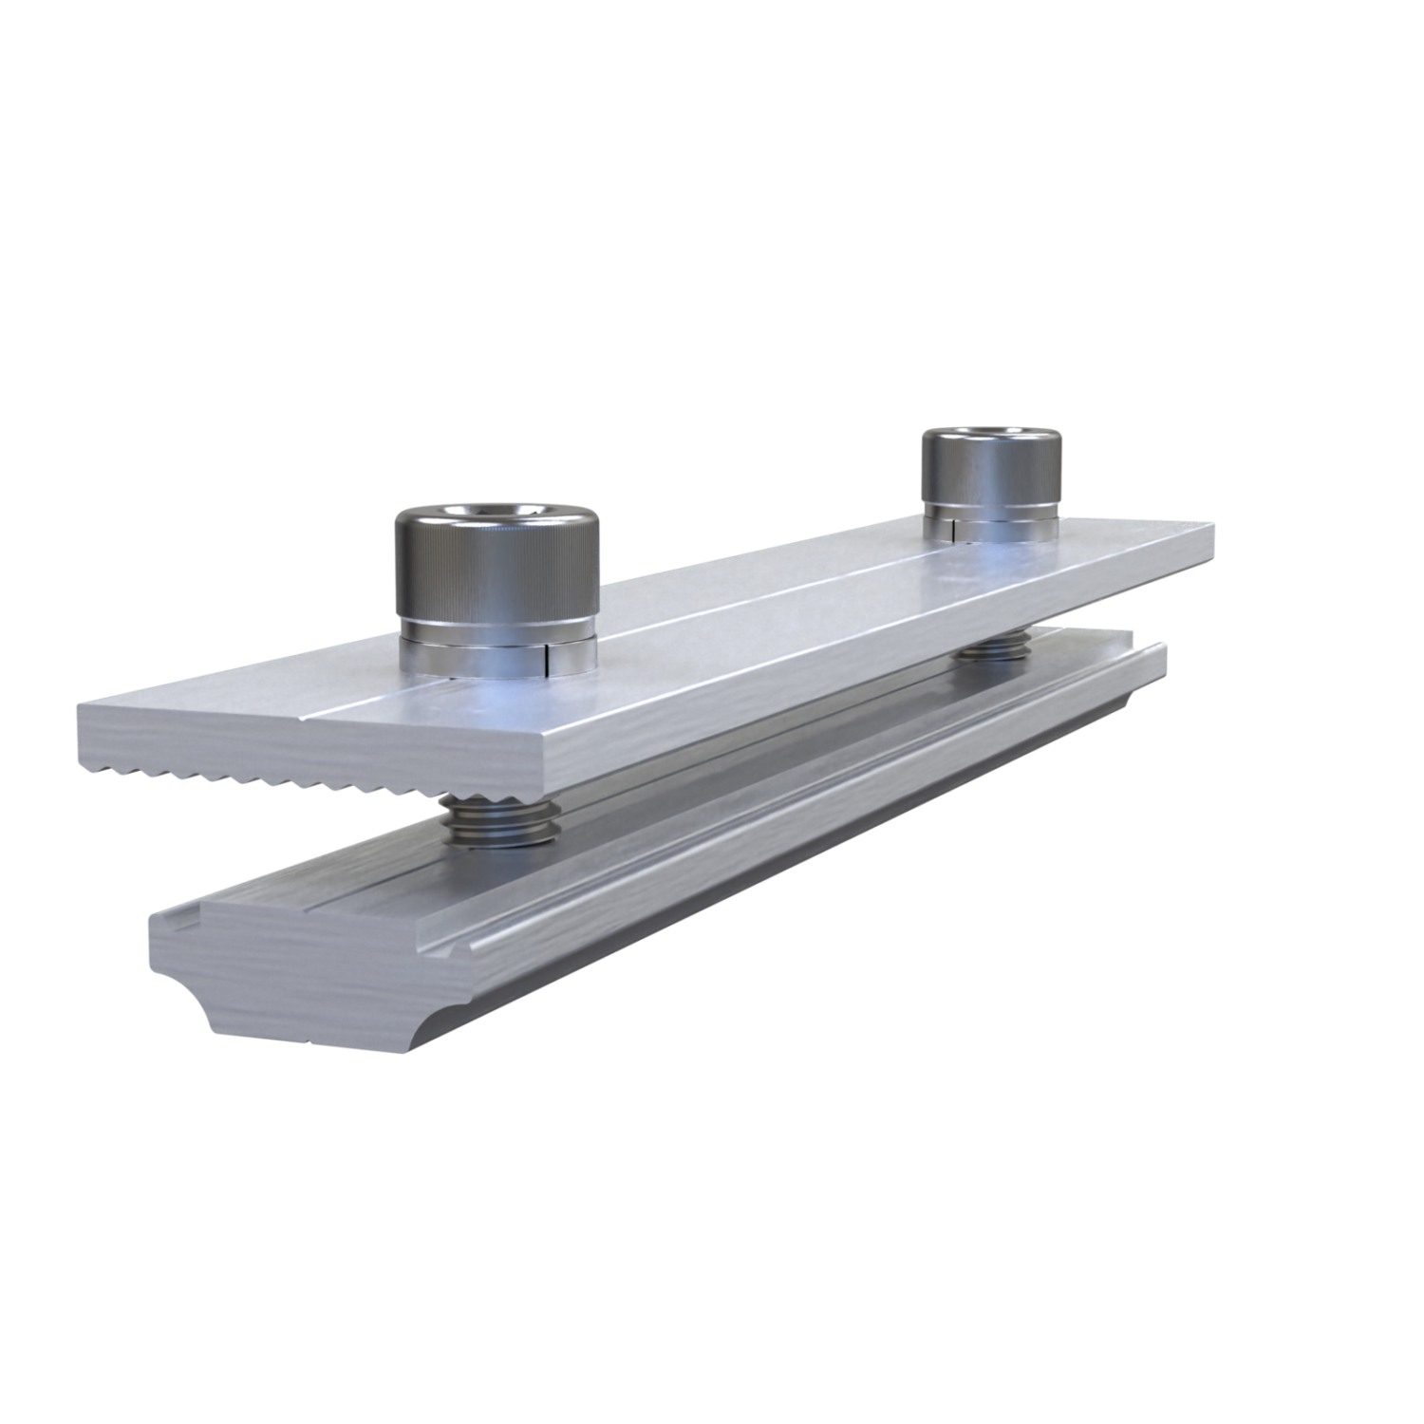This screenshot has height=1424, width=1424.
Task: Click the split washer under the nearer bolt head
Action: tap(496, 655)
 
